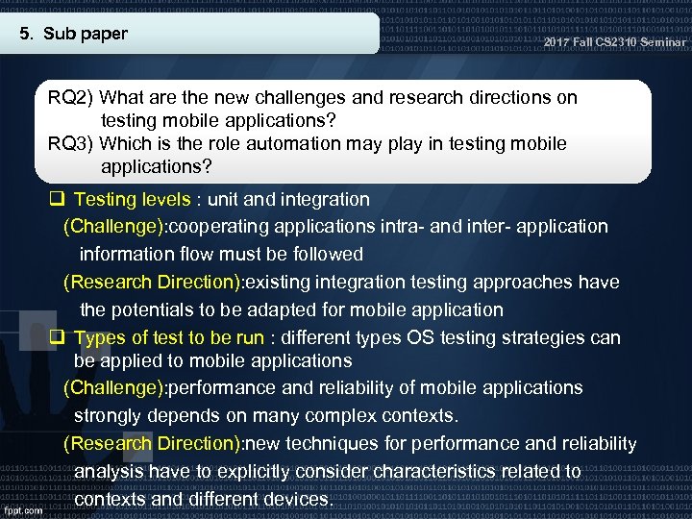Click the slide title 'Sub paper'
(x=86, y=35)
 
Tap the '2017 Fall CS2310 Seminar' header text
(x=614, y=43)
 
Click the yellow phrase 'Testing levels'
(x=132, y=200)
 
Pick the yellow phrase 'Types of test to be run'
(x=168, y=338)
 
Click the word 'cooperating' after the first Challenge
(x=221, y=227)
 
